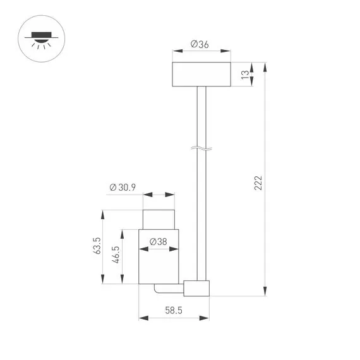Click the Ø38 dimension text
pos(159,241)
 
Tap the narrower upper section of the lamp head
pos(159,218)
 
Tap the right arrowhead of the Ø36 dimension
pos(229,52)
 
